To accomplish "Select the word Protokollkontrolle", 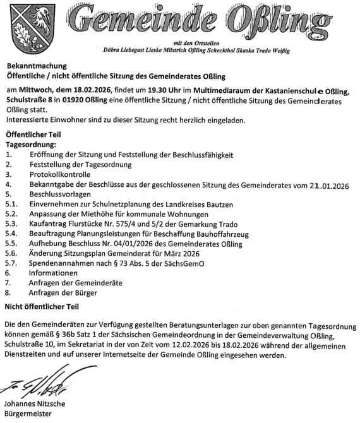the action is pyautogui.click(x=60, y=174).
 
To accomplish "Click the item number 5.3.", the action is pyautogui.click(x=11, y=223).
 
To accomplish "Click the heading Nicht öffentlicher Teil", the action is pyautogui.click(x=42, y=306).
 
